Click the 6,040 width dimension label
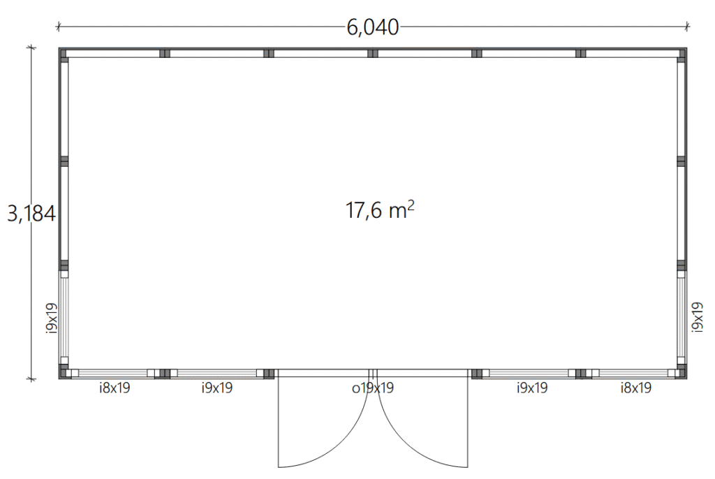[x=373, y=27]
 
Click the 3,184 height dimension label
[x=31, y=213]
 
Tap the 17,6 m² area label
[x=380, y=210]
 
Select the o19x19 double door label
[x=373, y=388]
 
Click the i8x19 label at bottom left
[x=115, y=388]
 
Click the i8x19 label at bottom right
[x=635, y=388]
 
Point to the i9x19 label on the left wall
[x=52, y=318]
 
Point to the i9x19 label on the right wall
[x=698, y=317]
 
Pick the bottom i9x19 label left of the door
[x=217, y=388]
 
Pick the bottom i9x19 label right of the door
[x=531, y=388]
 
